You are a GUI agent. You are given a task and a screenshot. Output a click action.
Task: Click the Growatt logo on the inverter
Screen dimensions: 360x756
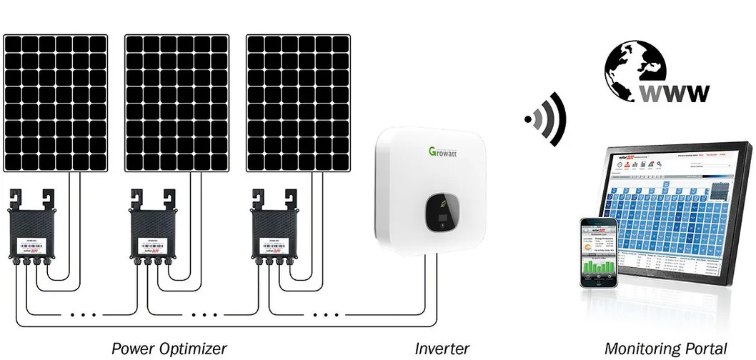tap(444, 151)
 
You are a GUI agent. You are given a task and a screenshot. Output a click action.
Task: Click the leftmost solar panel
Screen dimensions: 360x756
tap(55, 102)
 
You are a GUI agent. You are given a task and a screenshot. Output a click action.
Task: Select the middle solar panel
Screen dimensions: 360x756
tap(176, 102)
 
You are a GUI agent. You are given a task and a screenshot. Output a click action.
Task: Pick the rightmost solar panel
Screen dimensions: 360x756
tap(298, 102)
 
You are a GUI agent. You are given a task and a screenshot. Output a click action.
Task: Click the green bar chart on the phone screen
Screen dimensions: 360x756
tap(598, 267)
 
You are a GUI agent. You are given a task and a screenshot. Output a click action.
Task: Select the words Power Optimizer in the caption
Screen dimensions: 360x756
tap(169, 349)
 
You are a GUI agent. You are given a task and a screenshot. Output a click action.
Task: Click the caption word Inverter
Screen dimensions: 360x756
tap(442, 349)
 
